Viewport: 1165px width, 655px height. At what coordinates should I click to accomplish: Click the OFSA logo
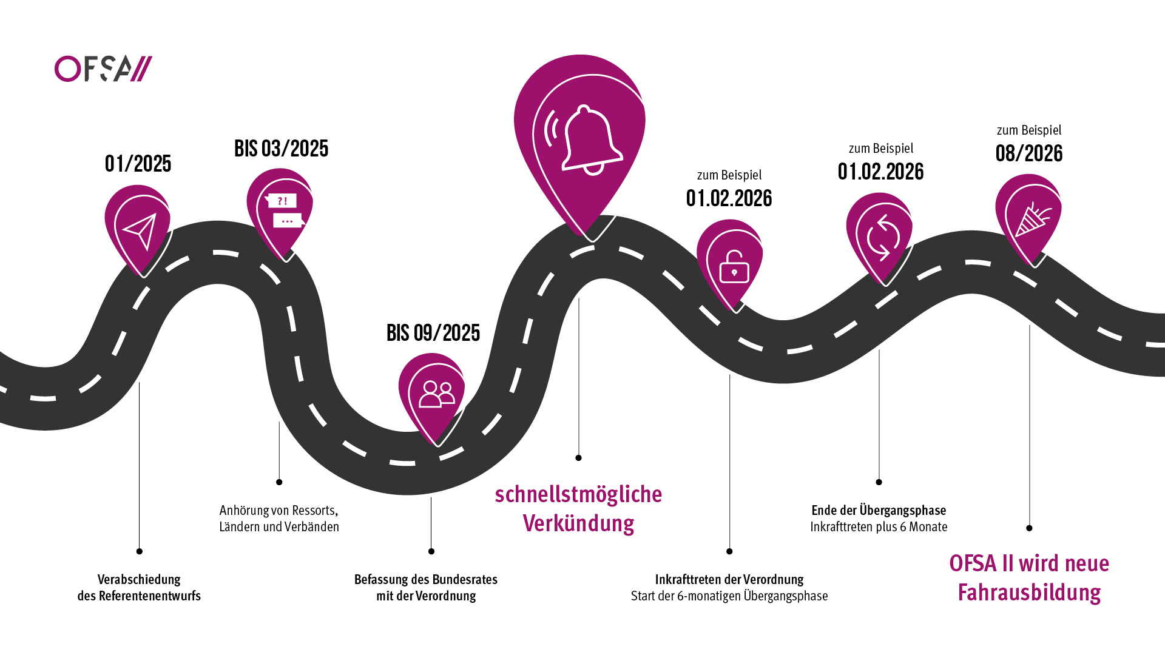103,69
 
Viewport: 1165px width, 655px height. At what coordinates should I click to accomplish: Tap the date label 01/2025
138,164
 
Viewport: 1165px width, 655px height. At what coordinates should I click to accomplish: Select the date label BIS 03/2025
282,149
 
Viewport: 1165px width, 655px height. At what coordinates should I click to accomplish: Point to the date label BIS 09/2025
433,333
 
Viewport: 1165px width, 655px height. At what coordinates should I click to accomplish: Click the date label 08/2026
1029,153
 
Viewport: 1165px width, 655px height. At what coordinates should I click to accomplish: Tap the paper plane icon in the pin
141,230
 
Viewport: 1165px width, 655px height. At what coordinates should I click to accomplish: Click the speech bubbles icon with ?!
283,210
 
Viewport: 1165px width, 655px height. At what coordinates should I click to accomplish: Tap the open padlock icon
734,267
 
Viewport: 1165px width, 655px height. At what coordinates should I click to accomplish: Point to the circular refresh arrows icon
883,237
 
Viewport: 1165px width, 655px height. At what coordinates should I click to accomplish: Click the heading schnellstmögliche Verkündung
578,508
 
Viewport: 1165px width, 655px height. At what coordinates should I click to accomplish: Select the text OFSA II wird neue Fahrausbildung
1029,577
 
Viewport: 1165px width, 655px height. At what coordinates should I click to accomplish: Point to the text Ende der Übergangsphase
879,510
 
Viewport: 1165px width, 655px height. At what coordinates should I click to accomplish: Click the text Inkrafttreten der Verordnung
729,579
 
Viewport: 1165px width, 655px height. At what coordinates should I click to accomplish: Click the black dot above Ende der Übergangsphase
879,482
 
